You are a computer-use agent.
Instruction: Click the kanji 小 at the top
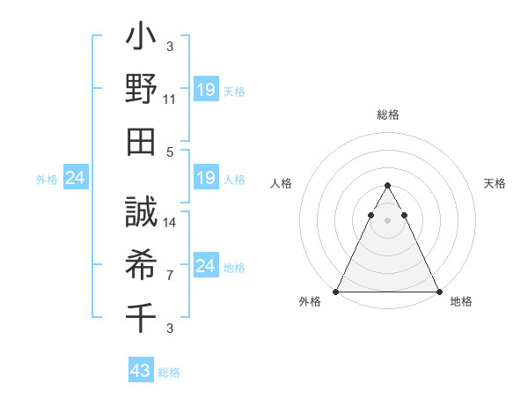pos(141,41)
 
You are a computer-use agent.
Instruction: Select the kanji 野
pos(141,89)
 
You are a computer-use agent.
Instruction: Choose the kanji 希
pos(141,263)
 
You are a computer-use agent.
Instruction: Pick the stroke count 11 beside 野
pos(170,100)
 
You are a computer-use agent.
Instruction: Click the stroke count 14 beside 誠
pos(170,223)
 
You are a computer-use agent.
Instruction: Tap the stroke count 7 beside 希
pos(170,275)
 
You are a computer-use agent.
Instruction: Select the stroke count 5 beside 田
pos(170,151)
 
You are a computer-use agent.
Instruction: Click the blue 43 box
pos(141,371)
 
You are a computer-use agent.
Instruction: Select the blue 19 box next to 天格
pos(206,90)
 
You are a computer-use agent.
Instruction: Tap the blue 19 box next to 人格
pos(206,179)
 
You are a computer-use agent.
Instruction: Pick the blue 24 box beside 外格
pos(75,179)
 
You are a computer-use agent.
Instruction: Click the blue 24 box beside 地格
pos(206,267)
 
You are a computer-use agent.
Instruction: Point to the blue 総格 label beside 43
pos(169,373)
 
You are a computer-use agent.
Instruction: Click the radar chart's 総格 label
pos(387,115)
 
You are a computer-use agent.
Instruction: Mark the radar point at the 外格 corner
pos(336,292)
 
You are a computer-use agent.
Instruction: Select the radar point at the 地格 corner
pos(438,292)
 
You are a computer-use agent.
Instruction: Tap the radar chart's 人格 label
pos(282,183)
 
